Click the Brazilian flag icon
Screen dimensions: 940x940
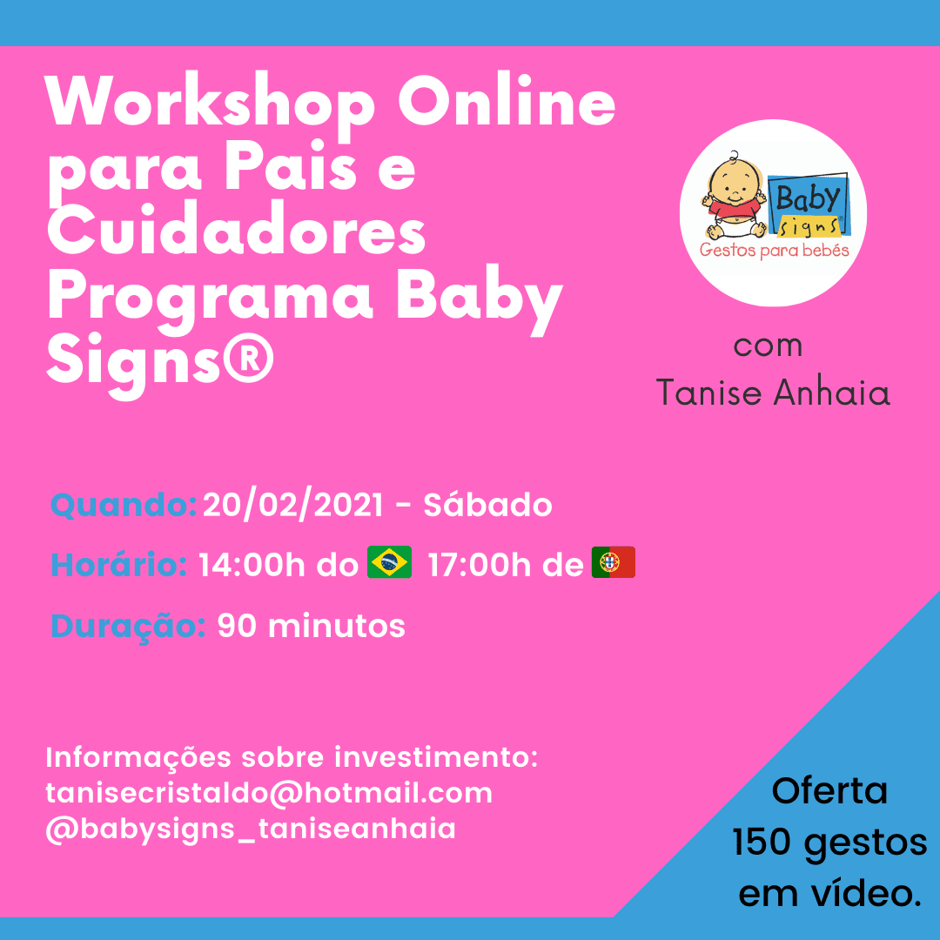coord(390,561)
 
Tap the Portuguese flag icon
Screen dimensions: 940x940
coord(614,561)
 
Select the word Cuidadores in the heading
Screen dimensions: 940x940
coord(236,232)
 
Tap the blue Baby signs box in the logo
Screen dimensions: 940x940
coord(808,205)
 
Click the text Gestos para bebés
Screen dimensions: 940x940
coord(774,250)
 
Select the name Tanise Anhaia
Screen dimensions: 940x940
coord(773,393)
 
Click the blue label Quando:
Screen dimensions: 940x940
coord(124,505)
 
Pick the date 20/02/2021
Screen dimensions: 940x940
coord(293,505)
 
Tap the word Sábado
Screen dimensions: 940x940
coord(487,504)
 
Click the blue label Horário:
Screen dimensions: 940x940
coord(118,564)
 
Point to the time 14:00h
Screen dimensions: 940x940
coord(252,565)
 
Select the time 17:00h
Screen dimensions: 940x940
coord(479,565)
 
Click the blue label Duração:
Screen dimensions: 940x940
coord(128,627)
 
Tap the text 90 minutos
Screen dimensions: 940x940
coord(311,626)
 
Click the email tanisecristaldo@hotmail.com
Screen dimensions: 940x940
coord(269,793)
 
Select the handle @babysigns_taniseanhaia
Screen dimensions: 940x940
coord(252,829)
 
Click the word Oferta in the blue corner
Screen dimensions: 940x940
coord(829,790)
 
